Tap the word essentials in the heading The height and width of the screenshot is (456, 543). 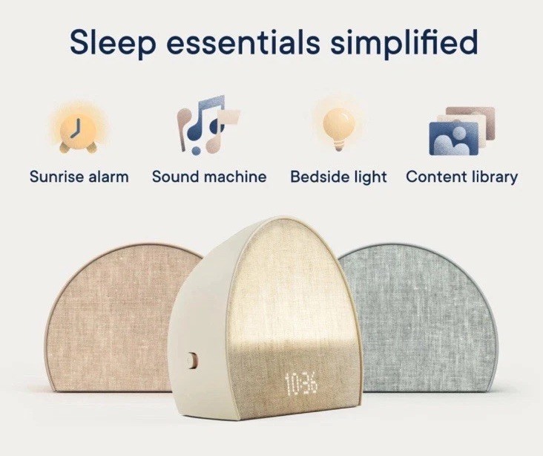[243, 42]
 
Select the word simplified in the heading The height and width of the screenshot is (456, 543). [404, 42]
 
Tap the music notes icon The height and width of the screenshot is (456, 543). [207, 125]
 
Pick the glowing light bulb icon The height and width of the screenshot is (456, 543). [339, 127]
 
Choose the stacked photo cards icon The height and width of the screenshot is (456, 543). [461, 131]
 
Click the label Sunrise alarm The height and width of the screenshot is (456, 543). [79, 177]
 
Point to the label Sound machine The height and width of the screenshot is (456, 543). [209, 177]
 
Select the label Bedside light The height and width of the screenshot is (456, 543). [338, 177]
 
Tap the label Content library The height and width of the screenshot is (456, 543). [461, 177]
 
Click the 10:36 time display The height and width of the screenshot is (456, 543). [300, 384]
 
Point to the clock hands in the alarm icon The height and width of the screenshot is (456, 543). [76, 128]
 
